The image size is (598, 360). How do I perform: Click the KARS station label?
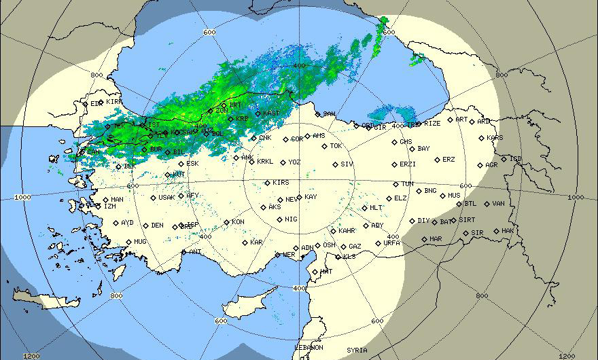pyautogui.click(x=495, y=138)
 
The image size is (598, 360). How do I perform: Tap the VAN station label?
pyautogui.click(x=499, y=203)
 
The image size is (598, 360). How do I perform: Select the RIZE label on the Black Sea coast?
pyautogui.click(x=432, y=124)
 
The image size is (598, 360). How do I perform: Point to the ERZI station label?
pyautogui.click(x=408, y=164)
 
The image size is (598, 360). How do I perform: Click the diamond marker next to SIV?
pyautogui.click(x=334, y=164)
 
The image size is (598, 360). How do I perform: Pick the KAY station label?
pyautogui.click(x=311, y=196)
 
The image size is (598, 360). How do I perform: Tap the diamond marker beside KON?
pyautogui.click(x=226, y=222)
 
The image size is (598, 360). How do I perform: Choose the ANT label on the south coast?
pyautogui.click(x=195, y=251)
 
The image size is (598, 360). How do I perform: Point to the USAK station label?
pyautogui.click(x=166, y=197)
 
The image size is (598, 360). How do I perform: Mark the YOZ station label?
pyautogui.click(x=294, y=162)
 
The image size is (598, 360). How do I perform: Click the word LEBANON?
pyautogui.click(x=309, y=347)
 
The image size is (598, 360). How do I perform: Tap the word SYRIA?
pyautogui.click(x=357, y=350)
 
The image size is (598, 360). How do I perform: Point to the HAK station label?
pyautogui.click(x=507, y=231)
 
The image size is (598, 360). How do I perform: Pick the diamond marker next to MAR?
pyautogui.click(x=424, y=238)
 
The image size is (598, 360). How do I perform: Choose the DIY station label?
pyautogui.click(x=423, y=220)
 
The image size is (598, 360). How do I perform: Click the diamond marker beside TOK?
pyautogui.click(x=324, y=146)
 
